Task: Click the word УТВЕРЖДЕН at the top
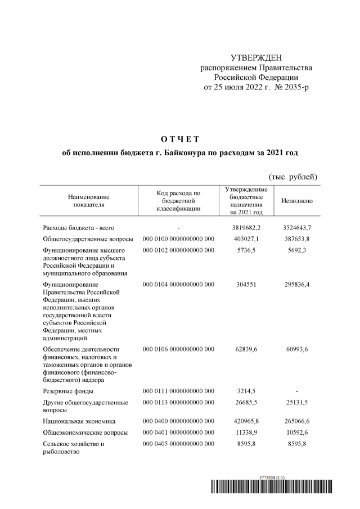(x=256, y=58)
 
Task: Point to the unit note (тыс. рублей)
(x=293, y=177)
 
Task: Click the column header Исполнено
(x=296, y=201)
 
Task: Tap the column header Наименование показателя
(x=88, y=201)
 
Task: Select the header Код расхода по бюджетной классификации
(x=178, y=201)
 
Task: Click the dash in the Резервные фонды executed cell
(x=296, y=390)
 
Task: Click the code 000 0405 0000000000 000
(x=178, y=444)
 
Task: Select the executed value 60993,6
(x=296, y=349)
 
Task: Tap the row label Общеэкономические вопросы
(x=85, y=433)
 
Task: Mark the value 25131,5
(x=296, y=403)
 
